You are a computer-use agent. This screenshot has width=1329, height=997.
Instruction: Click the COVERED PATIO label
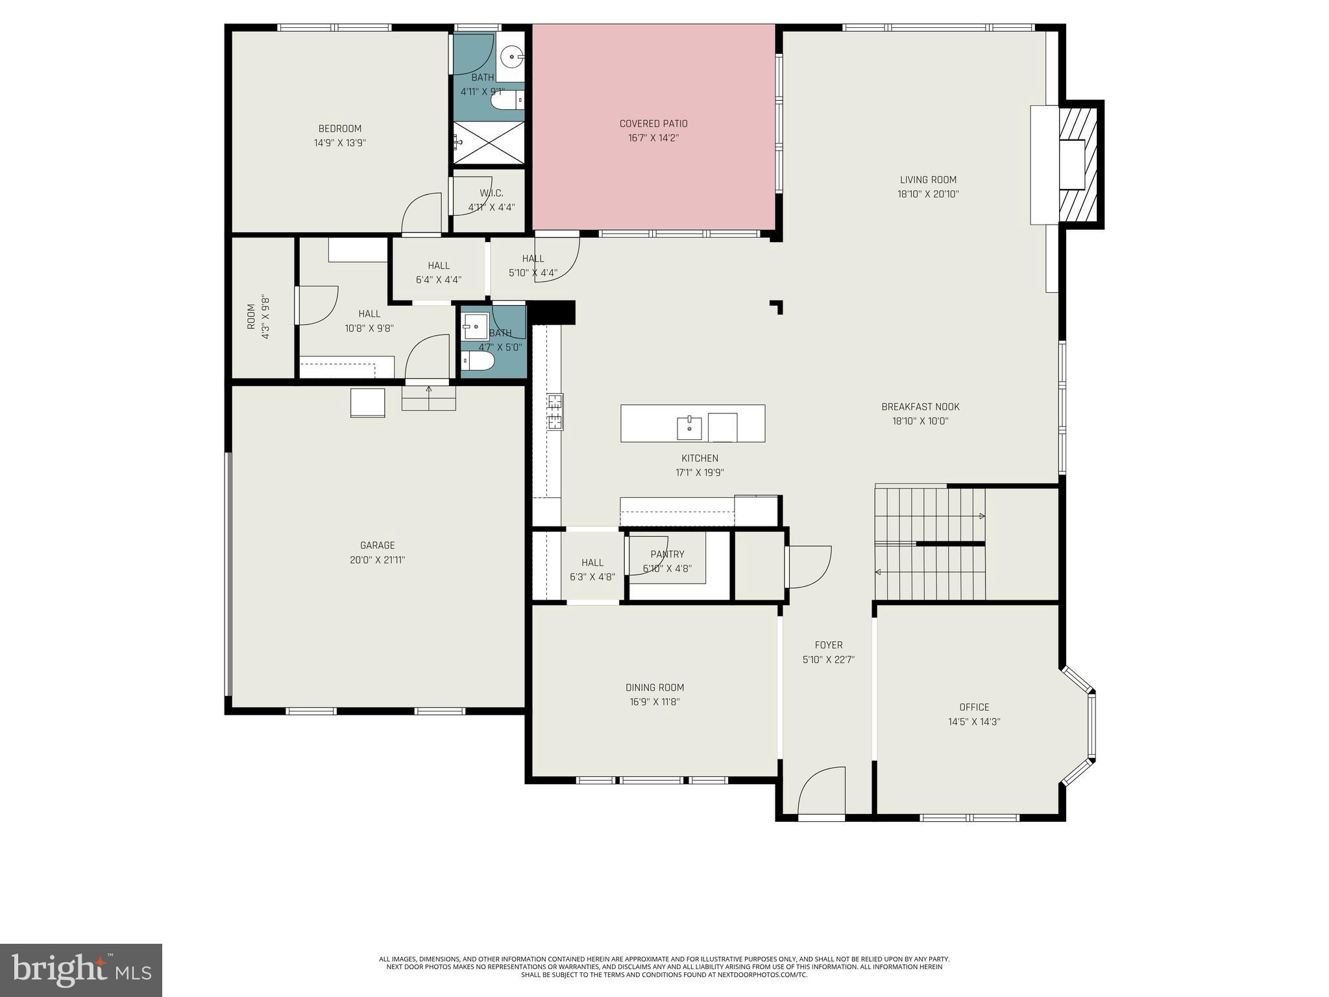click(x=653, y=123)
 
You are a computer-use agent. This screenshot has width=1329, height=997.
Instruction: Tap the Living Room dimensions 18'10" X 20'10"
click(x=928, y=194)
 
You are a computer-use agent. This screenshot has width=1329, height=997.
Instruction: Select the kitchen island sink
click(x=689, y=428)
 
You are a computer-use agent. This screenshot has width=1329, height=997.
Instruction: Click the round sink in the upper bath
click(x=513, y=56)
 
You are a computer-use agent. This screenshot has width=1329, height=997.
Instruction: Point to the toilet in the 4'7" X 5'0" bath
click(x=478, y=361)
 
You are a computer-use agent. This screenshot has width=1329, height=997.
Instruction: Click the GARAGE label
click(x=377, y=545)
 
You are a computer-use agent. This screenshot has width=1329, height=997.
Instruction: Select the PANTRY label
click(x=667, y=554)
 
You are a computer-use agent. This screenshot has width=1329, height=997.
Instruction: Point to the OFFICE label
click(x=974, y=707)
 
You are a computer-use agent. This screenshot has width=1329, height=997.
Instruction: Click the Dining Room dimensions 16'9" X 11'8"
click(x=654, y=702)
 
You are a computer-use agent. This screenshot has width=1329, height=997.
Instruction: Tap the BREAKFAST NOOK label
click(x=920, y=407)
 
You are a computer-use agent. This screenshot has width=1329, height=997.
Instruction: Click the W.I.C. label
click(x=491, y=193)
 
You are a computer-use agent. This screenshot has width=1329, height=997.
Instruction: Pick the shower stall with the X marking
click(x=488, y=142)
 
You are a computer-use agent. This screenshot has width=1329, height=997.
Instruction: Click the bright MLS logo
click(x=80, y=970)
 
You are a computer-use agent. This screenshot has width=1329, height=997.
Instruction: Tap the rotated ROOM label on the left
click(x=251, y=317)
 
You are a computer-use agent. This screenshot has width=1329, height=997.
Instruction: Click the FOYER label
click(x=828, y=645)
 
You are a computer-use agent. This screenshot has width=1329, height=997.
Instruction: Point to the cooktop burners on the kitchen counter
click(x=555, y=412)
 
